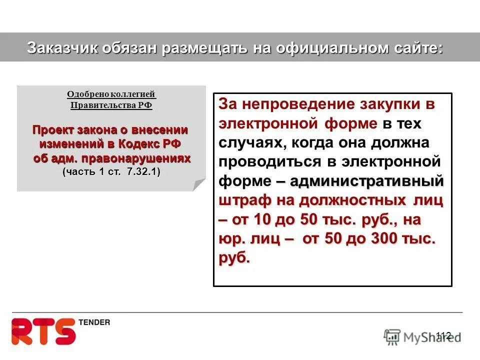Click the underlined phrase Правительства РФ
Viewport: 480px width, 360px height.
click(111, 105)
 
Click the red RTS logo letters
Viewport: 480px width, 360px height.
click(43, 330)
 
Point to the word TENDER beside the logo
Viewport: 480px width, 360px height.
click(94, 322)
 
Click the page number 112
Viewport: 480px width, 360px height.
click(443, 335)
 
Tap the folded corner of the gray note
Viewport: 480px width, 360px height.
click(199, 184)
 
